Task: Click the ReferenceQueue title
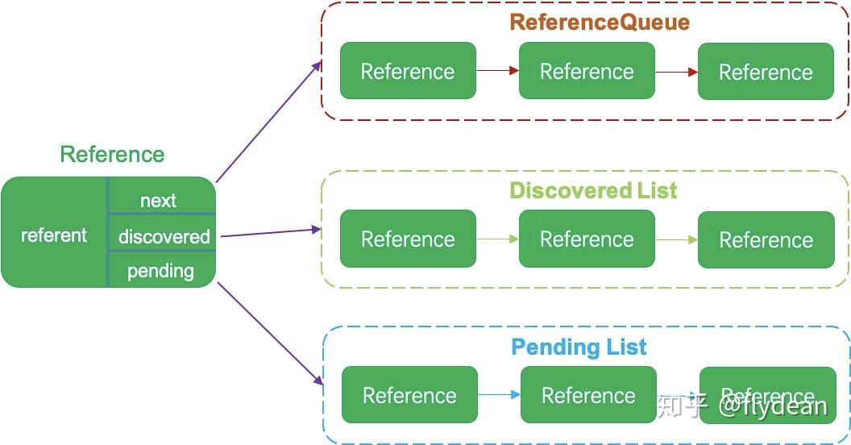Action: tap(600, 22)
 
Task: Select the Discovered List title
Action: tap(593, 190)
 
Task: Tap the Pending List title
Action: tap(579, 347)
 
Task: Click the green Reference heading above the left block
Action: tap(112, 154)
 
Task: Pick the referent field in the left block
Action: tap(54, 235)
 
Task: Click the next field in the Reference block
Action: tap(158, 200)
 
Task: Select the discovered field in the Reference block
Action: tap(164, 236)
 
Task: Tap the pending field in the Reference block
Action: tap(160, 271)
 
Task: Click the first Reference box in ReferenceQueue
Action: tap(408, 71)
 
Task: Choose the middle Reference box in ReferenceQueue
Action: tap(587, 71)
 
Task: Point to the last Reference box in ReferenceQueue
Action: tap(766, 72)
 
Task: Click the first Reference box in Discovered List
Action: tap(408, 239)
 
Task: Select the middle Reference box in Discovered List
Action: tap(587, 239)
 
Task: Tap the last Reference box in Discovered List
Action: tap(766, 240)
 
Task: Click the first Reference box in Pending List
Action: tap(409, 395)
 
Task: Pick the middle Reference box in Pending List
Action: tap(588, 395)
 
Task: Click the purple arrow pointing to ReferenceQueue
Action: tap(268, 122)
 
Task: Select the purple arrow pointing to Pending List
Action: tap(270, 335)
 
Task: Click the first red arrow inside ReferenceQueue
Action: tap(497, 70)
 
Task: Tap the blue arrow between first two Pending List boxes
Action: tap(499, 394)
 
